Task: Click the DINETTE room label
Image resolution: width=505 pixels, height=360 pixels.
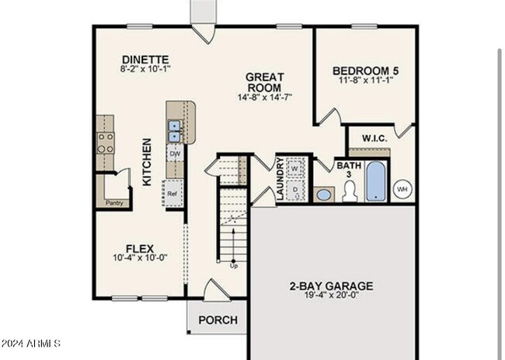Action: pyautogui.click(x=145, y=60)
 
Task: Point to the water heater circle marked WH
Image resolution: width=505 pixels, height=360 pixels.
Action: pyautogui.click(x=402, y=188)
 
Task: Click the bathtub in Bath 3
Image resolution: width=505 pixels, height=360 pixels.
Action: pyautogui.click(x=375, y=181)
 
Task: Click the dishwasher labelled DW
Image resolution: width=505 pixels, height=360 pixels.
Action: pyautogui.click(x=175, y=154)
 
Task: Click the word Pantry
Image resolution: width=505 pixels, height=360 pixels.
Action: pyautogui.click(x=115, y=204)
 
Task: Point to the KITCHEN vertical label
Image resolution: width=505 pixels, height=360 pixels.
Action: pyautogui.click(x=146, y=162)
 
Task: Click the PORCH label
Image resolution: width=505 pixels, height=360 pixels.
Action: pyautogui.click(x=218, y=320)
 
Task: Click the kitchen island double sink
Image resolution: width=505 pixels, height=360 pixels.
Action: pyautogui.click(x=176, y=130)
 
